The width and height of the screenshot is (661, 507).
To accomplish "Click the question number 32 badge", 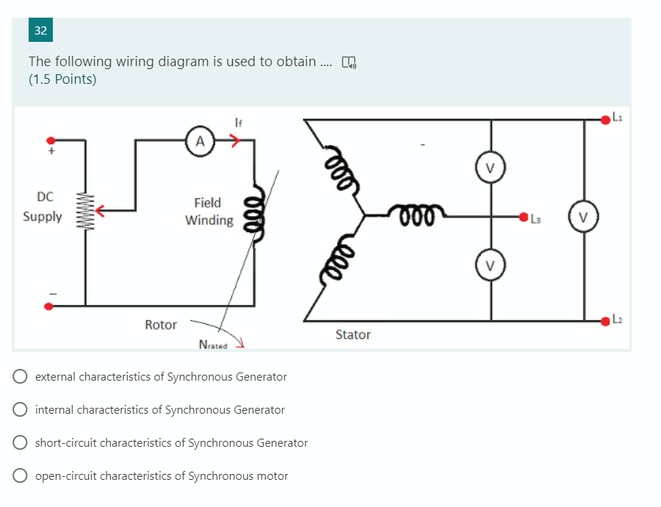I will pos(40,31).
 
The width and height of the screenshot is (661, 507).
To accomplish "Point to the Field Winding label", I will pos(209,211).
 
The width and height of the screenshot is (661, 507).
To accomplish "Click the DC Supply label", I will pos(43,206).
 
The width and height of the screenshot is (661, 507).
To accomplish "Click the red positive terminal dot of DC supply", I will pos(51,140).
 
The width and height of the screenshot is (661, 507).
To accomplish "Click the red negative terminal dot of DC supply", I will pos(50,306).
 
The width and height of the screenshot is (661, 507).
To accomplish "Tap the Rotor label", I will pos(161,325).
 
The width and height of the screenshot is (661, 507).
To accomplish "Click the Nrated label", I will pos(214,345).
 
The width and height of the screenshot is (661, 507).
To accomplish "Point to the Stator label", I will pos(353,334).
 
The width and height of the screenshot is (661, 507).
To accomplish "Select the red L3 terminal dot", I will pos(524,217).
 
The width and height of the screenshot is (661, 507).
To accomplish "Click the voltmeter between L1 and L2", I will pos(584,217).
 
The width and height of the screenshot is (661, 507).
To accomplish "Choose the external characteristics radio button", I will pos(21,377).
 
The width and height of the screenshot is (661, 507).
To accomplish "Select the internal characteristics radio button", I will pos(21,410).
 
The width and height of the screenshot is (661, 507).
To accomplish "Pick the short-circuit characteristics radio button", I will pos(21,443).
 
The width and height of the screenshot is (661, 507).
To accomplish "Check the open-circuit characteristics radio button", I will pos(21,476).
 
